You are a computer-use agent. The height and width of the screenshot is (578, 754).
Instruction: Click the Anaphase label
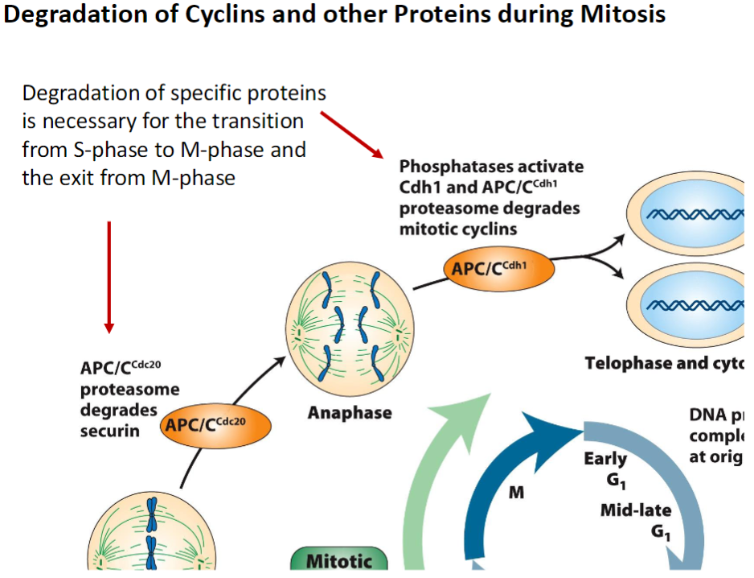[350, 413]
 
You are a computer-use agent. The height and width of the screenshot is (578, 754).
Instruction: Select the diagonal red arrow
[352, 134]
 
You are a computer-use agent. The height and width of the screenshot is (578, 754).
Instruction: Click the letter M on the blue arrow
[516, 492]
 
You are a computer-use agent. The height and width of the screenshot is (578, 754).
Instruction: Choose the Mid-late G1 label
[636, 520]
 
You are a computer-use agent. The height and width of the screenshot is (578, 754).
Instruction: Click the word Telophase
[630, 363]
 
